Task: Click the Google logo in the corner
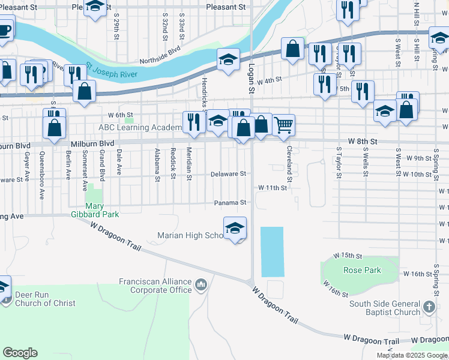20,353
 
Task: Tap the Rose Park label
362,270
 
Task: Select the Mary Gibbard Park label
95,209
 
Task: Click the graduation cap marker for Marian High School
235,228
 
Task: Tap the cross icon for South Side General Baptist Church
429,307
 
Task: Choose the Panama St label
231,203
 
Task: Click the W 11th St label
273,188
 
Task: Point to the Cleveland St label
289,164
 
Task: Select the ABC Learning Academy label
140,127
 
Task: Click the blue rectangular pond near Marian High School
271,251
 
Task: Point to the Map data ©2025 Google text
411,355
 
